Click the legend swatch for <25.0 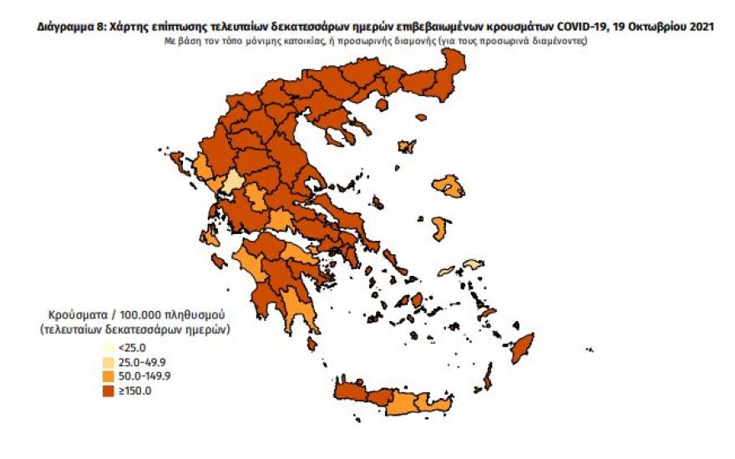tap(108, 347)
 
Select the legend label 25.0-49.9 tap(144, 361)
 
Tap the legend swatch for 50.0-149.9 tap(108, 375)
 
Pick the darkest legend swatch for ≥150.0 tap(108, 390)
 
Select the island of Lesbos tap(449, 188)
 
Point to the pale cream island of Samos tap(473, 265)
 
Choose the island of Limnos tap(408, 147)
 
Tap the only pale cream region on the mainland tap(234, 183)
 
